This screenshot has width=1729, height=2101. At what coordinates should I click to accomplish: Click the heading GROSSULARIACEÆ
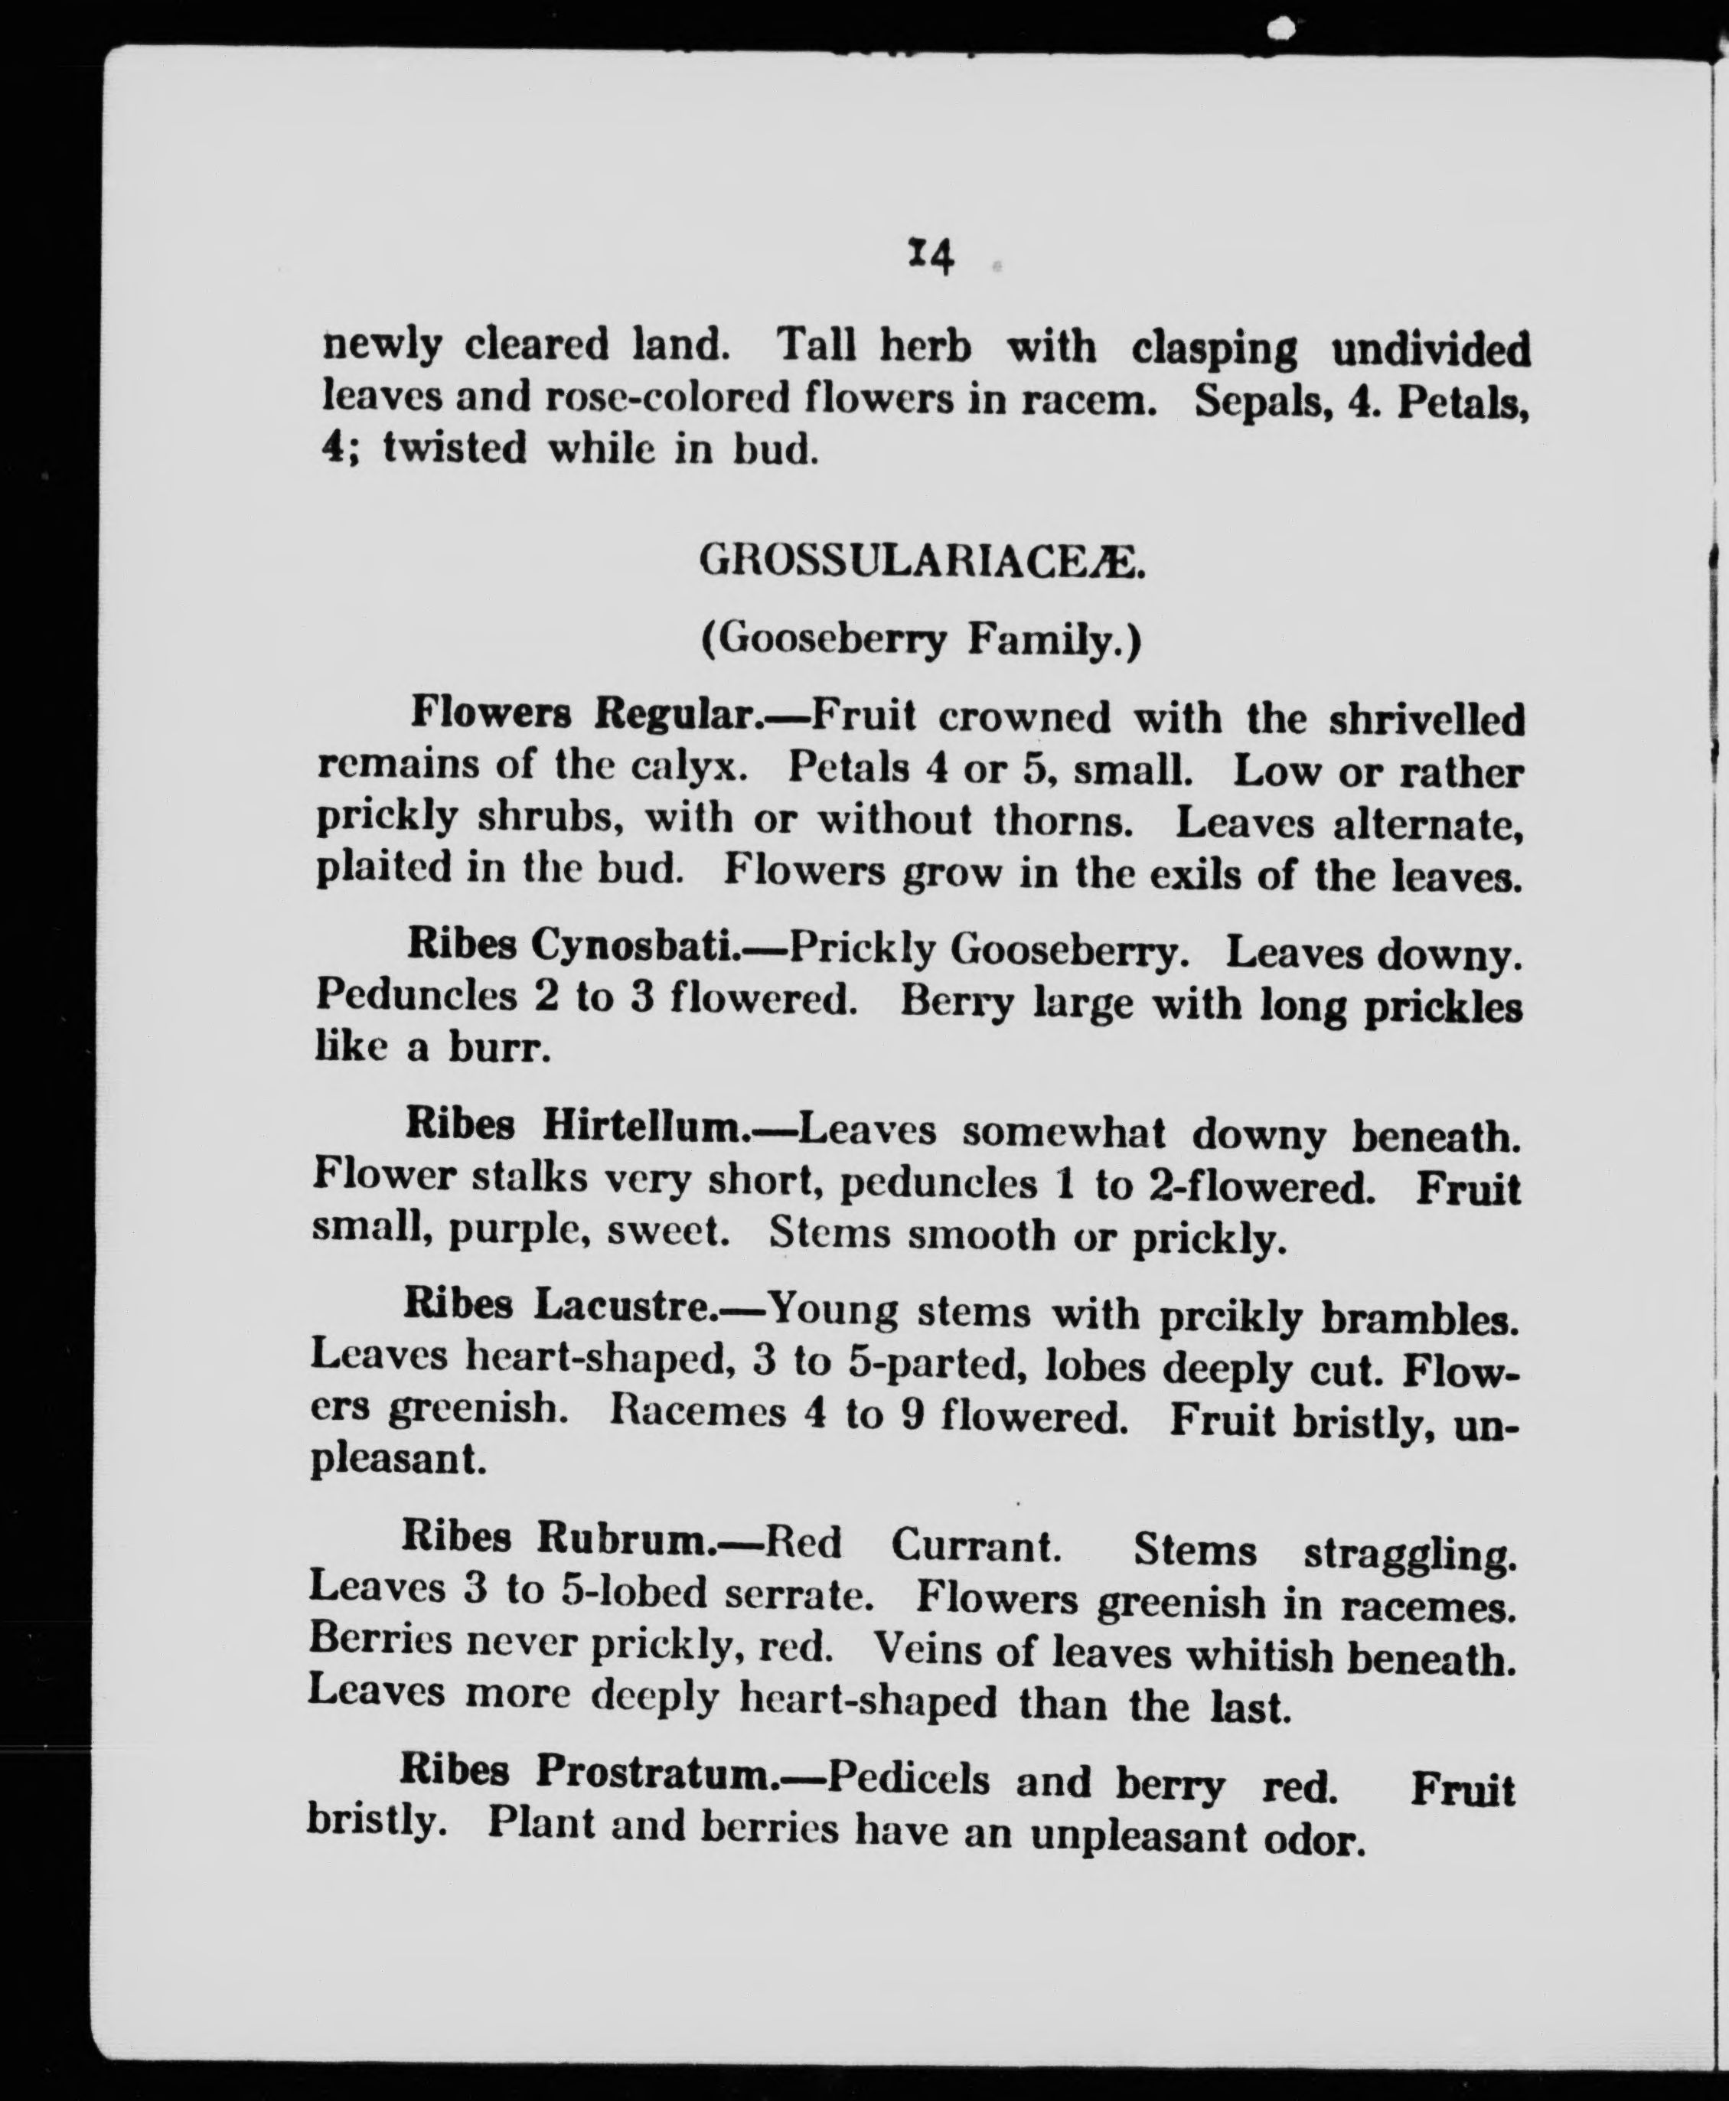click(x=922, y=563)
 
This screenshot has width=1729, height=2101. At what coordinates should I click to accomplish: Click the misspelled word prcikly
click(x=1231, y=1316)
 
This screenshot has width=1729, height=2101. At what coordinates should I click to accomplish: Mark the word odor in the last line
click(x=1312, y=1840)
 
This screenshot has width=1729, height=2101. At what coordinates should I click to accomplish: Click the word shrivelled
click(x=1426, y=719)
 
